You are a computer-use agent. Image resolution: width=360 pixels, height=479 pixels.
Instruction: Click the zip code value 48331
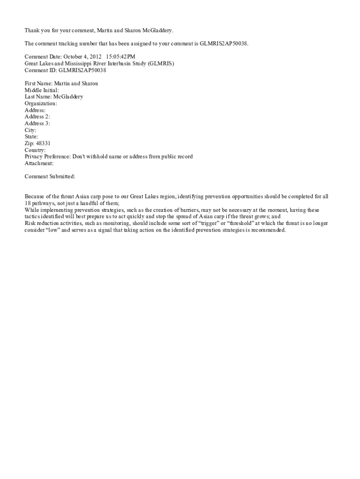pyautogui.click(x=43, y=144)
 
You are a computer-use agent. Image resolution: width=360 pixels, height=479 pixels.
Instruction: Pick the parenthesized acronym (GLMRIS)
pyautogui.click(x=161, y=64)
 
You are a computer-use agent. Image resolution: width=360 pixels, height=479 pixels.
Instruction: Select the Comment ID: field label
pyautogui.click(x=41, y=70)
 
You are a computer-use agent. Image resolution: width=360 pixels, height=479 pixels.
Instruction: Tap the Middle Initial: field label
pyautogui.click(x=42, y=90)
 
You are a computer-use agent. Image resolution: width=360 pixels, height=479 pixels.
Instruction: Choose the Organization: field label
pyautogui.click(x=41, y=103)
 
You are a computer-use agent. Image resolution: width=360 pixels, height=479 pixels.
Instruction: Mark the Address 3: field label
pyautogui.click(x=37, y=123)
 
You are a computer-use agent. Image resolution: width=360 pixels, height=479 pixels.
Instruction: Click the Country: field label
pyautogui.click(x=35, y=150)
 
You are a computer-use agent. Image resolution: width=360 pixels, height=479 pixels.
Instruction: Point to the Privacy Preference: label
pyautogui.click(x=47, y=157)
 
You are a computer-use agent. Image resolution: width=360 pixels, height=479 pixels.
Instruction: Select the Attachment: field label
pyautogui.click(x=39, y=164)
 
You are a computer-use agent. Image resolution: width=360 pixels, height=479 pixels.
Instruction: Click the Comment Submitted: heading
pyautogui.click(x=50, y=177)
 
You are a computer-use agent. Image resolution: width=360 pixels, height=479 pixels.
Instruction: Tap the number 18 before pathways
pyautogui.click(x=28, y=203)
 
